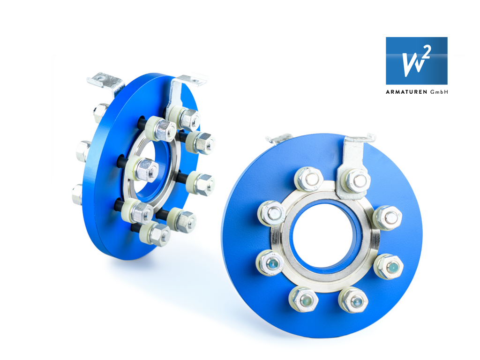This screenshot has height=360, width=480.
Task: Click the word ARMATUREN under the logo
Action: tap(406, 92)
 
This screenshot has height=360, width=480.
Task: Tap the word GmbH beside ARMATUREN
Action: tap(439, 92)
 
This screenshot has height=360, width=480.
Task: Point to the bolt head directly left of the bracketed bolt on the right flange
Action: tap(308, 179)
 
